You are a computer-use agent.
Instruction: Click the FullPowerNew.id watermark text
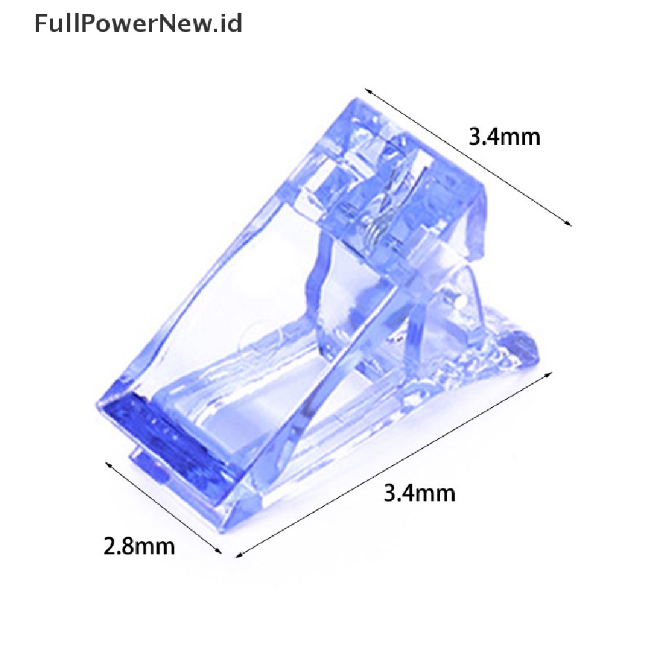pyautogui.click(x=138, y=24)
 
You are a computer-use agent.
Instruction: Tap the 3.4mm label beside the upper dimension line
pyautogui.click(x=505, y=137)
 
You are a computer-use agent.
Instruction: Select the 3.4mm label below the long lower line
pyautogui.click(x=419, y=493)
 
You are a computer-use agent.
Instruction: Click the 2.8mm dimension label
pyautogui.click(x=139, y=547)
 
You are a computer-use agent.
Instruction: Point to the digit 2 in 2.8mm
pyautogui.click(x=110, y=547)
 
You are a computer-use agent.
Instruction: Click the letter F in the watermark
pyautogui.click(x=40, y=24)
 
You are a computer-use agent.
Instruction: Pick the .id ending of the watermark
pyautogui.click(x=228, y=24)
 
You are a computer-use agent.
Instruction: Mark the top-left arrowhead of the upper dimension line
pyautogui.click(x=368, y=91)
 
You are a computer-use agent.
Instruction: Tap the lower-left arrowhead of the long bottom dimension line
pyautogui.click(x=239, y=555)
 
